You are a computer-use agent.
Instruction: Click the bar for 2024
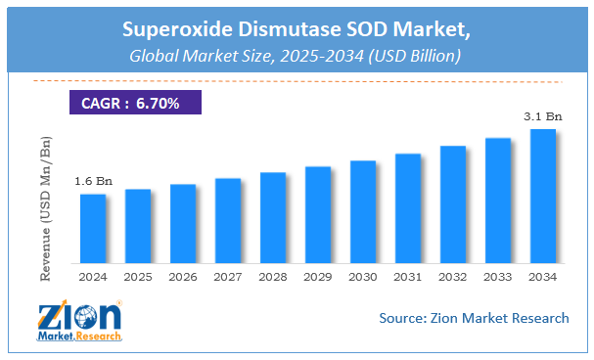click(x=93, y=229)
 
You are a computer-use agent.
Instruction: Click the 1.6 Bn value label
click(x=92, y=181)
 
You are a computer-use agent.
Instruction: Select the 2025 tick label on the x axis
click(x=138, y=277)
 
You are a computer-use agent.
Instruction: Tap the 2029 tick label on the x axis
click(x=318, y=277)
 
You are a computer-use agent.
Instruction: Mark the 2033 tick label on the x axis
click(x=497, y=277)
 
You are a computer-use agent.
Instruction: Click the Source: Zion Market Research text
click(x=474, y=317)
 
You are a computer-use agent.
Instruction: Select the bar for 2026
click(x=183, y=224)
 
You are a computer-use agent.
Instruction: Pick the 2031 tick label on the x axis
click(x=408, y=277)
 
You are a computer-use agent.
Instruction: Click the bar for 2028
click(x=273, y=218)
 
